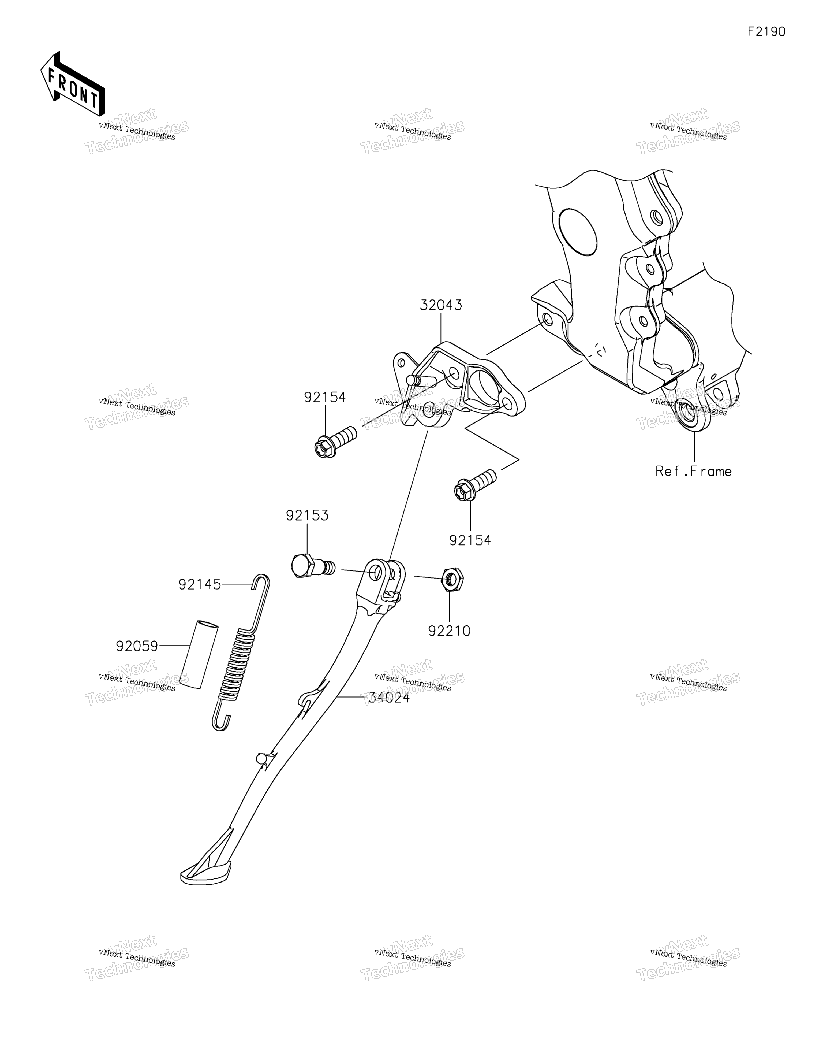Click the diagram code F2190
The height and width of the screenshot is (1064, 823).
766,32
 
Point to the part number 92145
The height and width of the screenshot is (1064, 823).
200,584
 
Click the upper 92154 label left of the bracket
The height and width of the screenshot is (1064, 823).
325,398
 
